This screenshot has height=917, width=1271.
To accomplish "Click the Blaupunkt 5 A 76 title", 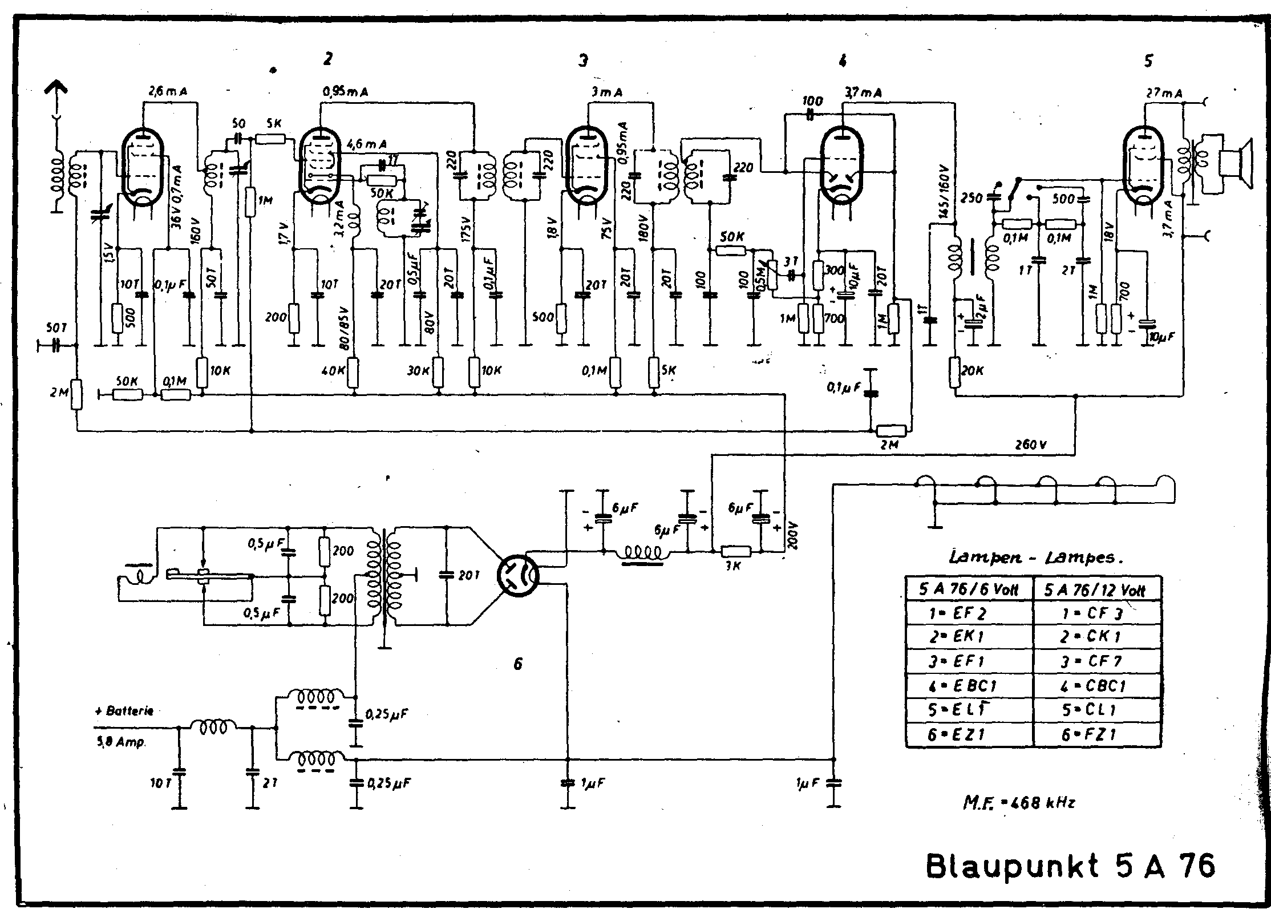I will pyautogui.click(x=1070, y=866).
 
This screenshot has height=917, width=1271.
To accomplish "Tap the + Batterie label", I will pyautogui.click(x=124, y=712).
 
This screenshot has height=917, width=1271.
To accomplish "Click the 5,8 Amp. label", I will pyautogui.click(x=119, y=742).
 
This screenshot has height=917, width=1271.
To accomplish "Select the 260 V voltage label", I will pyautogui.click(x=1031, y=445).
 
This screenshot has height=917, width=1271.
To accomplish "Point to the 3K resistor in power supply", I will pyautogui.click(x=736, y=551).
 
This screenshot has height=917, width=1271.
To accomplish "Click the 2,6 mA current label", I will pyautogui.click(x=168, y=91).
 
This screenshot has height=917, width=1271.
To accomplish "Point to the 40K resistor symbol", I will pyautogui.click(x=354, y=372).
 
